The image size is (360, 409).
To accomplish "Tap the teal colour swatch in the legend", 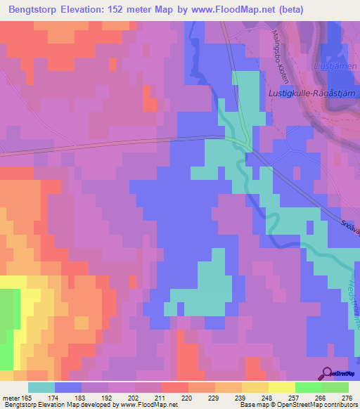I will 41,387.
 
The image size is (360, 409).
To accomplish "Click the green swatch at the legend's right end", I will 335,387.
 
